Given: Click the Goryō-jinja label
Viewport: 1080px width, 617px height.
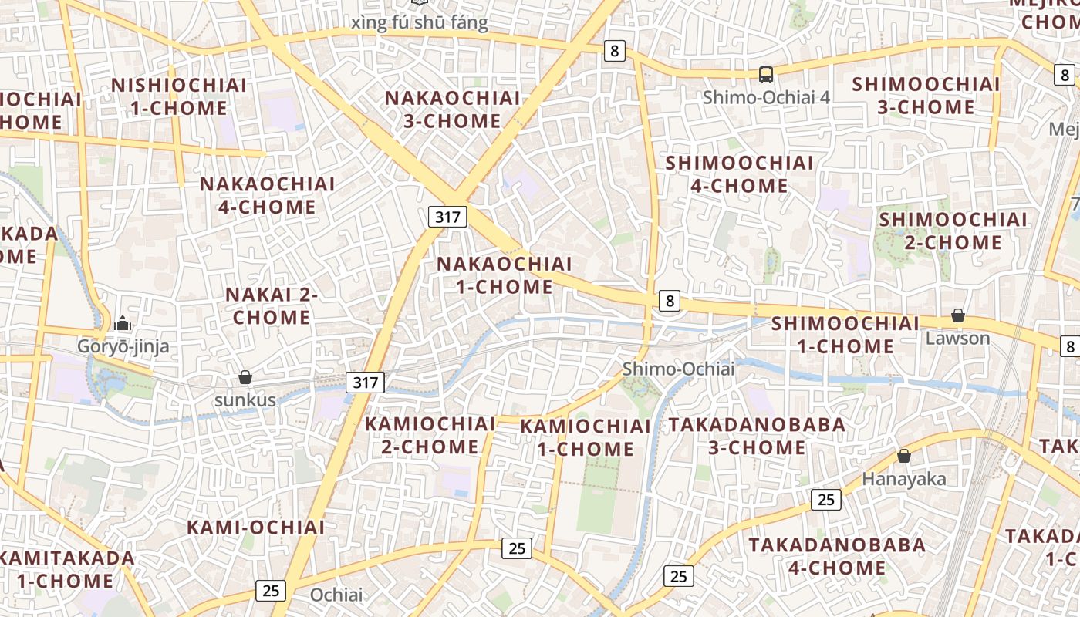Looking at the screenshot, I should [123, 346].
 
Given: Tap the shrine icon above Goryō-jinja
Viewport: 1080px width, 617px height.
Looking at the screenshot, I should [123, 324].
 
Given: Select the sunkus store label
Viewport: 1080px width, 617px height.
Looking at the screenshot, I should [245, 400].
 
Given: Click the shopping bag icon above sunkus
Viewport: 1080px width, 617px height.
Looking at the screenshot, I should [245, 377].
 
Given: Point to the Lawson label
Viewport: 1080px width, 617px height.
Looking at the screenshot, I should [957, 338].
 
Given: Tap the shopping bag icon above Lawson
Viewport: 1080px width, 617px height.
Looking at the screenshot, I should [957, 315].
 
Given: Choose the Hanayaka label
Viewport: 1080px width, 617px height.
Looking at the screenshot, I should [903, 479].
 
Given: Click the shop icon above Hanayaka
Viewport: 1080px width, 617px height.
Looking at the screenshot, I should [903, 457].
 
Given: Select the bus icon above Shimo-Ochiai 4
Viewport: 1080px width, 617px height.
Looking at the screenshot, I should [766, 75].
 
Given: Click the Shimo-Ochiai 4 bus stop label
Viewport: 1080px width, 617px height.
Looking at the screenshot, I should [766, 97].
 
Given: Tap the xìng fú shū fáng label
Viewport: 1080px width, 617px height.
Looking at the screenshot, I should [420, 23].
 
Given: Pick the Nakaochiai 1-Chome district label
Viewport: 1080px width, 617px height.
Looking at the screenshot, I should [505, 275].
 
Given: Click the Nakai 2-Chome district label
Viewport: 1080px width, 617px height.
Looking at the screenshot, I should [272, 305].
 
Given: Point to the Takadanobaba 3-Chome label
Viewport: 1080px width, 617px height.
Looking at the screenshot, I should [757, 436].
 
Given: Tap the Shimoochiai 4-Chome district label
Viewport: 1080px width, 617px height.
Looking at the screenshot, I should [739, 174].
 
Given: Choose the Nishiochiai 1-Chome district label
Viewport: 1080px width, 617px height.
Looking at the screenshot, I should [179, 96].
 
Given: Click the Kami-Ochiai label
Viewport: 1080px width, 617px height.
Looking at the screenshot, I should [256, 528].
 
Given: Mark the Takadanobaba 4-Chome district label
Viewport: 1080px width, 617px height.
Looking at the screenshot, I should [837, 556].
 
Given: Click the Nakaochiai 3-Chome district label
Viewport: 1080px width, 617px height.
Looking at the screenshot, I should [453, 110].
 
